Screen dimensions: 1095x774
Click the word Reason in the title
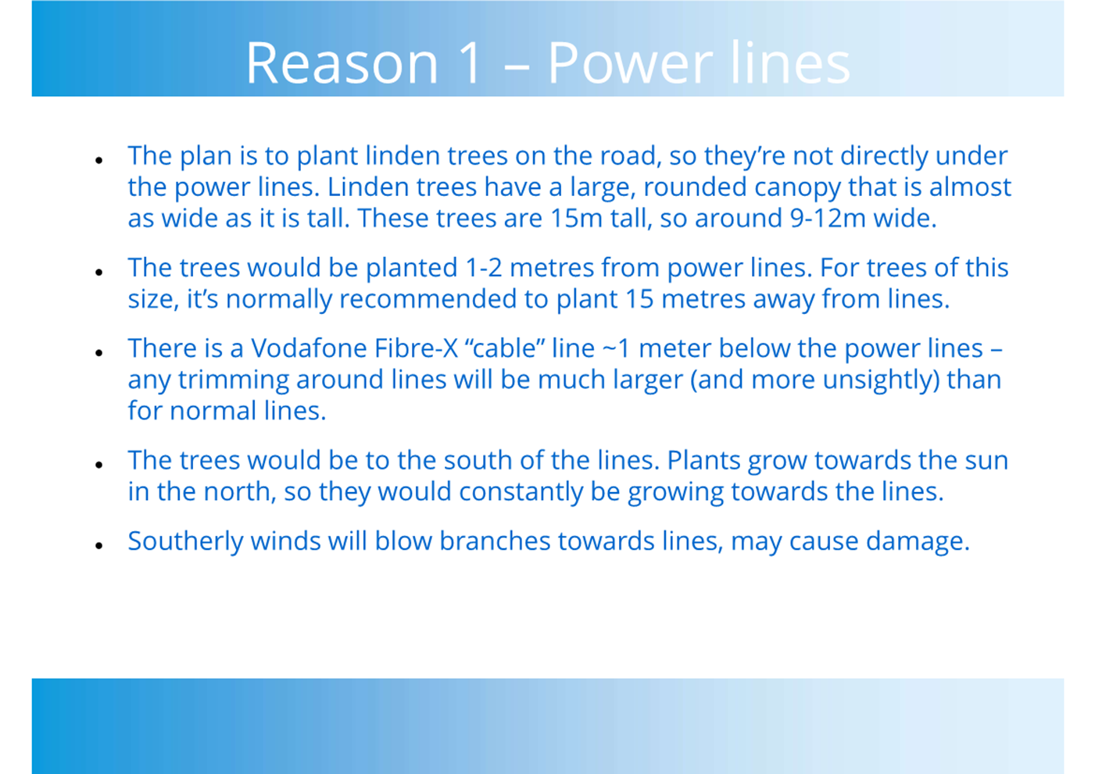point(342,63)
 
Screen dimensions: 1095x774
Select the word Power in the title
point(630,63)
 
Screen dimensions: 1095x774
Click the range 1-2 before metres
point(484,268)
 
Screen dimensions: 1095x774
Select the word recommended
point(428,299)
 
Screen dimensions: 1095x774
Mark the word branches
point(495,541)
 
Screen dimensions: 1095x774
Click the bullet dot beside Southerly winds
point(99,545)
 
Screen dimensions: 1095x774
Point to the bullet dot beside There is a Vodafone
point(99,352)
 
